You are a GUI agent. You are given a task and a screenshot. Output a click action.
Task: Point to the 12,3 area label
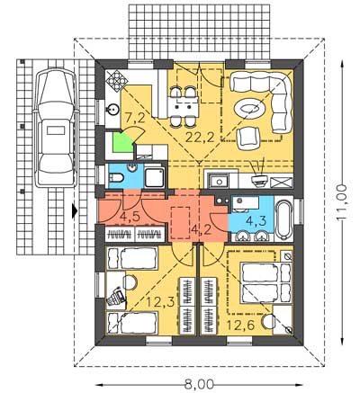point(161,302)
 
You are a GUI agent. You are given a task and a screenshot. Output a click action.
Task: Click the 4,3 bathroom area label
point(256,221)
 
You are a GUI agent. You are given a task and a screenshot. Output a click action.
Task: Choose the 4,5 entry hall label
point(130,217)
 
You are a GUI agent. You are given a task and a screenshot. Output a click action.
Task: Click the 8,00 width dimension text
point(199,384)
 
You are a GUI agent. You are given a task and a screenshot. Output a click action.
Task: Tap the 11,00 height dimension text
point(341,202)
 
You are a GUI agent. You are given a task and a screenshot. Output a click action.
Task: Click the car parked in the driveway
point(56,128)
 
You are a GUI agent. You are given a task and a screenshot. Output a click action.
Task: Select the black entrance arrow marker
point(75,210)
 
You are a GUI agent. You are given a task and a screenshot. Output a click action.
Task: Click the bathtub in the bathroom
point(283,221)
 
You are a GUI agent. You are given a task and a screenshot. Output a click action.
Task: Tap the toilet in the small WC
point(116,178)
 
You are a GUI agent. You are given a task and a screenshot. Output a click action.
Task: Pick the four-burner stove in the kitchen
point(116,81)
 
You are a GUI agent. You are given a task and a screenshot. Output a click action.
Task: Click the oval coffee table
point(249,110)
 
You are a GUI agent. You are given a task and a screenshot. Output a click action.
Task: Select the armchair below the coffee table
point(247,138)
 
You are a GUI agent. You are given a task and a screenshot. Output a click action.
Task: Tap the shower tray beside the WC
point(155,178)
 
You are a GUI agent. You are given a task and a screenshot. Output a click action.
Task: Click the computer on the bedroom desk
point(116,297)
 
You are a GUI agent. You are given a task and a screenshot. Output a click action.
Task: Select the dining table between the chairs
point(183,107)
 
